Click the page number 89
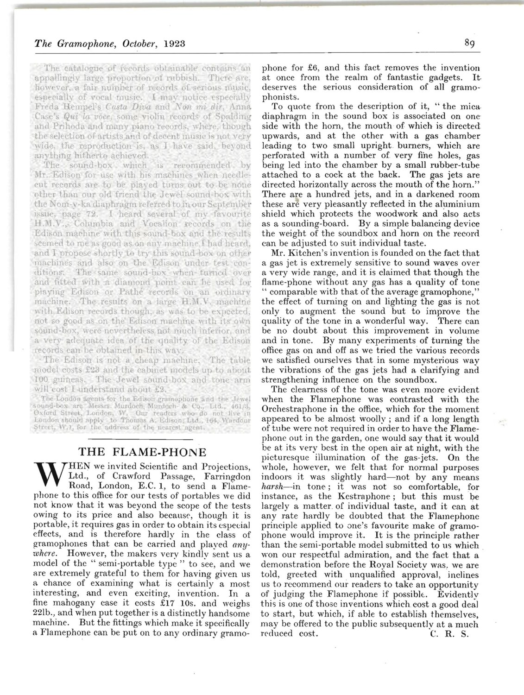[x=469, y=44]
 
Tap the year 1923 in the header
[x=173, y=44]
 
